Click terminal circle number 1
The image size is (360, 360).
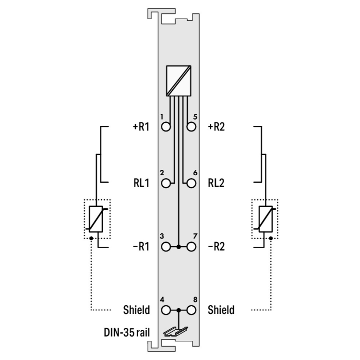coord(166,127)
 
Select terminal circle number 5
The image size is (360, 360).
coord(191,127)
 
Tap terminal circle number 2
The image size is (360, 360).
coord(166,183)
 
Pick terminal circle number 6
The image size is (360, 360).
coord(191,183)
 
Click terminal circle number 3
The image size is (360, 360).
coord(166,247)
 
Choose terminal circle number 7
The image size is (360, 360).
coord(191,247)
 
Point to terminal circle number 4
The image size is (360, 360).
coord(166,310)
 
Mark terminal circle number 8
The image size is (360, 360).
coord(191,310)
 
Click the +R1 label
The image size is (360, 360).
coord(141,127)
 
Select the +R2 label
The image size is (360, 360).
coord(216,127)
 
